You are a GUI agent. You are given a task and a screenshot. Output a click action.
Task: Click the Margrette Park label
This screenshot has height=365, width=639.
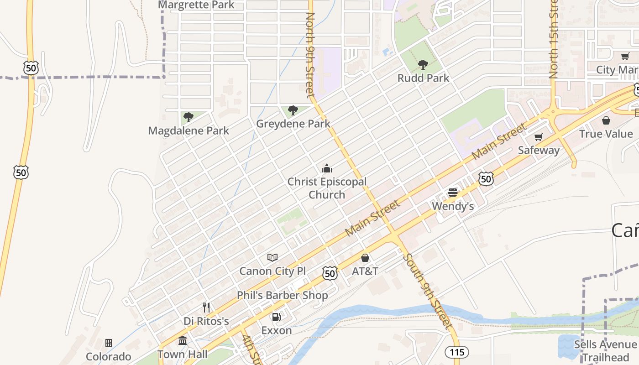[x=196, y=5]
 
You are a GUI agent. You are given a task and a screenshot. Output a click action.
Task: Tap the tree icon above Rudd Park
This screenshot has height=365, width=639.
[x=423, y=64]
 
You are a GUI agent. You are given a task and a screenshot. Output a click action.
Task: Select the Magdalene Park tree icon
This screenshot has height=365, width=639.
[x=188, y=117]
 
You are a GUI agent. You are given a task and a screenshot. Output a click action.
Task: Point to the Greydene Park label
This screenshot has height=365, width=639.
[x=293, y=124]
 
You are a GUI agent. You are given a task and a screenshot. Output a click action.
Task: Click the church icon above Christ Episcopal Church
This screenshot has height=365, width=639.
[x=326, y=169]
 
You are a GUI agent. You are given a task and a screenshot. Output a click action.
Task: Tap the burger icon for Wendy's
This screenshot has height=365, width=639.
[x=453, y=193]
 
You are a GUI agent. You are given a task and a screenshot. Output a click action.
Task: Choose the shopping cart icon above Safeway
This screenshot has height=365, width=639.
[x=539, y=137]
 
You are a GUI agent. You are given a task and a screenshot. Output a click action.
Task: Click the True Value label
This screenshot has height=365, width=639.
[x=606, y=134]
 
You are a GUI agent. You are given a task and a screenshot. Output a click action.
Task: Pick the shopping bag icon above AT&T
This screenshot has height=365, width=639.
[x=365, y=258]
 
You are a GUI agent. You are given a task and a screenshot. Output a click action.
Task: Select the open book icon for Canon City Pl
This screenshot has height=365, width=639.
[x=272, y=258]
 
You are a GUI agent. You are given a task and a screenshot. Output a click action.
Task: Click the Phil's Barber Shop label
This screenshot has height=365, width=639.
[x=282, y=295]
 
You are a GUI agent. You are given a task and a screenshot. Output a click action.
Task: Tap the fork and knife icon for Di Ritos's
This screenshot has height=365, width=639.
[x=206, y=308]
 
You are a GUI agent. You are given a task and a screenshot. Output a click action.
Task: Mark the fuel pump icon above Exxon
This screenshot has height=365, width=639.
[x=276, y=317]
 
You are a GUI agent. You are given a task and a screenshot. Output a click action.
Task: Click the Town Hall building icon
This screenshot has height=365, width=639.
[x=183, y=341]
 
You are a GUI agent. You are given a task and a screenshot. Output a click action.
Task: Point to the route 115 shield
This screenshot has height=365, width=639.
[x=456, y=352]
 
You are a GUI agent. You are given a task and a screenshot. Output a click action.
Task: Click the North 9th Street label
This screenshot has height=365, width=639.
[x=310, y=55]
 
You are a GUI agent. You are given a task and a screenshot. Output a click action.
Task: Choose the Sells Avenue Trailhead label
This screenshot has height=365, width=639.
[x=605, y=350]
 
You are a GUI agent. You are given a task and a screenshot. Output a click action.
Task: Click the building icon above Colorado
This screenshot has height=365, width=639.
[x=109, y=343]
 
